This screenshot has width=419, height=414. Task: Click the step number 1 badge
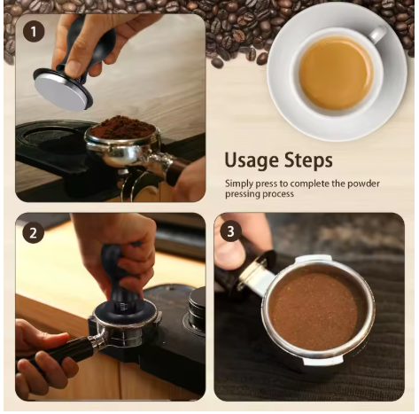pyautogui.click(x=35, y=32)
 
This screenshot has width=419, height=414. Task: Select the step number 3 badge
pyautogui.click(x=232, y=233)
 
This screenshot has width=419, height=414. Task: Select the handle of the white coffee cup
pyautogui.click(x=377, y=35)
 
